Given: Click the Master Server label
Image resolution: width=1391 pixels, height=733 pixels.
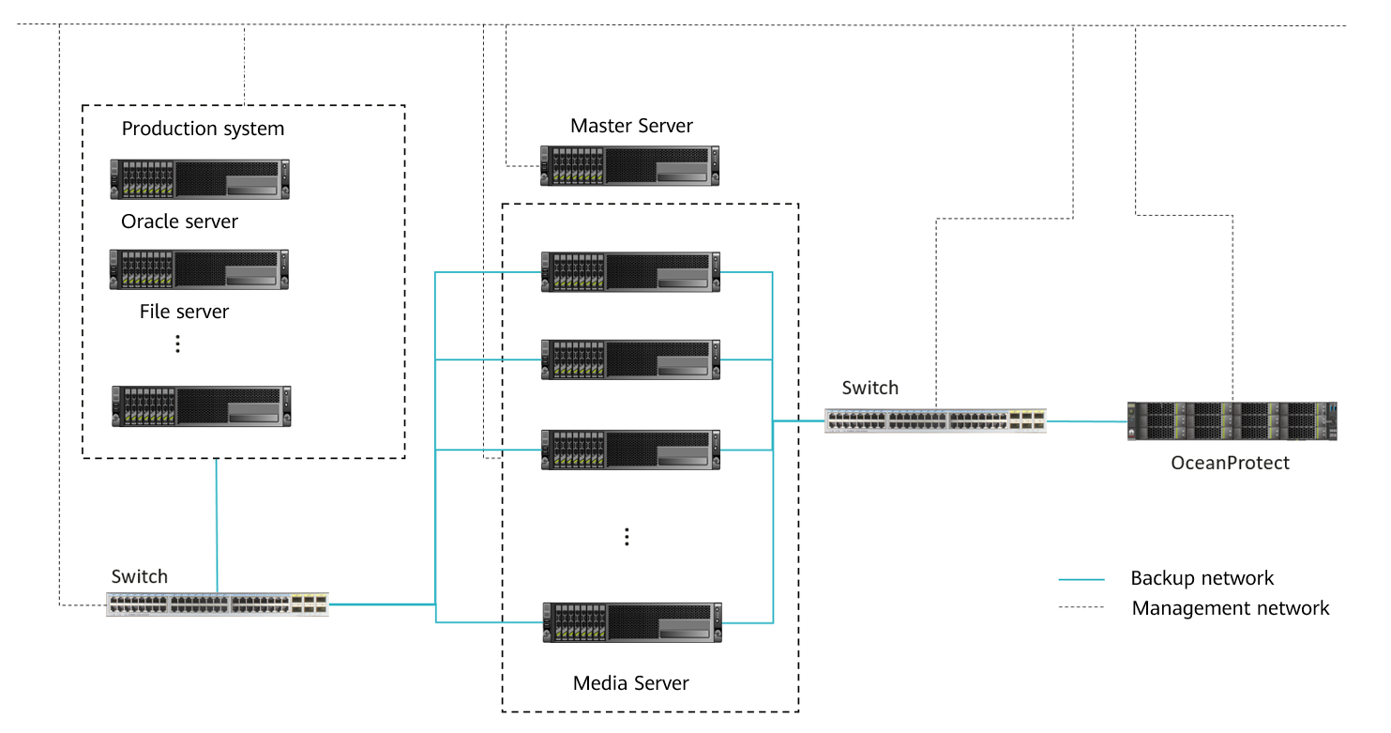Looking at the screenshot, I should (x=631, y=126).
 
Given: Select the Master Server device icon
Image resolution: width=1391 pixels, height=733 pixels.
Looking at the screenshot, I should (x=630, y=165).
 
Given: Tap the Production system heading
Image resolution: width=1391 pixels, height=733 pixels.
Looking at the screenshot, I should (x=203, y=129).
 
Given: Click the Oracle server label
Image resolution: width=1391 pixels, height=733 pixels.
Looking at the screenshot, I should (x=179, y=222).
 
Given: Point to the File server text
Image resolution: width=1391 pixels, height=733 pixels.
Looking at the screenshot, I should (x=184, y=312).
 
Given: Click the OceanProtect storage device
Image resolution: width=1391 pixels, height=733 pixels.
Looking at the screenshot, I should (x=1232, y=421).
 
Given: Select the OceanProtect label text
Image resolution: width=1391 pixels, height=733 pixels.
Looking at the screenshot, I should (x=1230, y=463).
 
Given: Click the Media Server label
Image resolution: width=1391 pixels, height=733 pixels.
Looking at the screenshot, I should (x=630, y=683).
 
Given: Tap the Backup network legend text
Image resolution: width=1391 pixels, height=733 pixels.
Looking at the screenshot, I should (x=1202, y=578).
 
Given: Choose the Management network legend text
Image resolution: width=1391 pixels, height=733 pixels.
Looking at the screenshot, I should (x=1230, y=608).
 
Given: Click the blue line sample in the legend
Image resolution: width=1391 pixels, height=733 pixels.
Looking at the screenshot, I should (x=1081, y=579).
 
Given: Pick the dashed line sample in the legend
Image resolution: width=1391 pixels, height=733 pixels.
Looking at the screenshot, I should (x=1081, y=608).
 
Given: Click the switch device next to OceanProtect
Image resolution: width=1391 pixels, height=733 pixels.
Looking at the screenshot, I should (x=935, y=420).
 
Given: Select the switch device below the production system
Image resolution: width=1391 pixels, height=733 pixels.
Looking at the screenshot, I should (x=218, y=603).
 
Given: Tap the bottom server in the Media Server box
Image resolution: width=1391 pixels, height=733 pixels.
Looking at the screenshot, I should (x=631, y=622).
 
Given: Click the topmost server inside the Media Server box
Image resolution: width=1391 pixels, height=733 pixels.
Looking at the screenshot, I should (x=630, y=271).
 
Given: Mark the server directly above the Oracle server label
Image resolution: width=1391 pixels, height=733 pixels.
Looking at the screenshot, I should (x=200, y=179).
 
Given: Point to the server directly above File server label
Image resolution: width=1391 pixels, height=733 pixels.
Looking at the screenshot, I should (x=199, y=269).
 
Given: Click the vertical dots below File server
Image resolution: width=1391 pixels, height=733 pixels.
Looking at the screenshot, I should (x=178, y=344).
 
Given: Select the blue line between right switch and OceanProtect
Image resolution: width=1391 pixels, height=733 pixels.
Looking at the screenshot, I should (x=1086, y=421).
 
